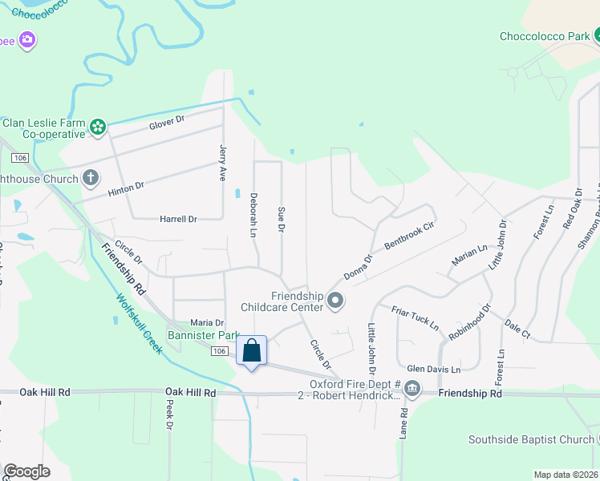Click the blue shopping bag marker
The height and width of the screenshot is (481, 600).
point(251,351)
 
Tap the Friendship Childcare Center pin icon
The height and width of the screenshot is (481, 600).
point(335,301)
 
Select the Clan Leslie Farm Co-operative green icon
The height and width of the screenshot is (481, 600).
point(98,127)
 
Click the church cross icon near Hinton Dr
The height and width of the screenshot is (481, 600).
point(91,177)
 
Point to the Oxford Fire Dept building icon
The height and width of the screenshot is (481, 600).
point(411,390)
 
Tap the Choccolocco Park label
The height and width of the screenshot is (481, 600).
point(544,36)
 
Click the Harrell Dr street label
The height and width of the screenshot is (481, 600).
point(178,219)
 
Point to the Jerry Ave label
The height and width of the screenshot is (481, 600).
point(223,163)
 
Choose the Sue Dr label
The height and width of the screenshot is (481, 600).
point(281,219)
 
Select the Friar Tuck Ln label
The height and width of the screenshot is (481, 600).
point(415,317)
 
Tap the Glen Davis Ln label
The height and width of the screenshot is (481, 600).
point(433,370)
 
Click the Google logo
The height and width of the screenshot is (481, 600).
point(26,471)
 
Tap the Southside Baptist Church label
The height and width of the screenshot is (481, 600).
point(530,439)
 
